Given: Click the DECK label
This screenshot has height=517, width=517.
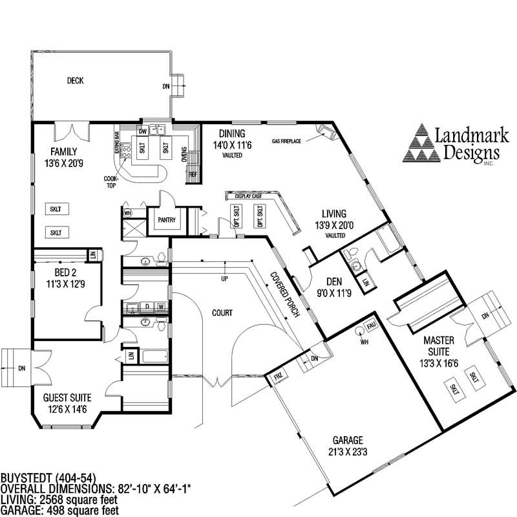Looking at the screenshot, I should (76, 81).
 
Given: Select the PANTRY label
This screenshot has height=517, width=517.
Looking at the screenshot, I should (167, 220).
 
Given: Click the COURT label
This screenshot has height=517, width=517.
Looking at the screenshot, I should (222, 313).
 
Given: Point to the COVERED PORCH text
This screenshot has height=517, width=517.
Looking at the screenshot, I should (285, 294).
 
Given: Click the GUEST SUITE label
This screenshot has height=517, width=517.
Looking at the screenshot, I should (67, 397).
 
